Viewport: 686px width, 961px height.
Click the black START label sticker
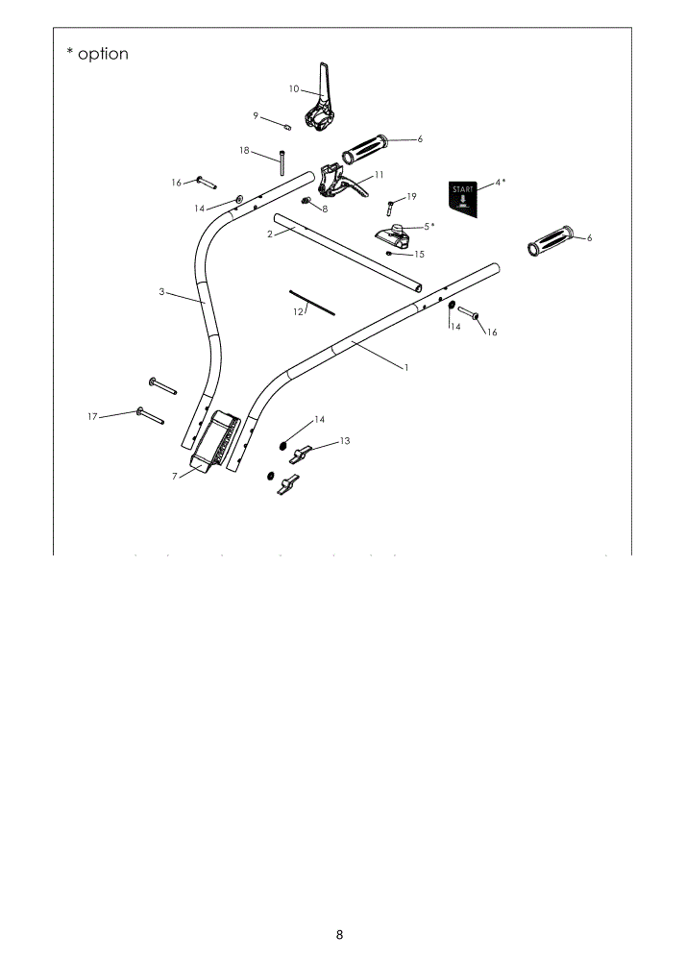tap(463, 199)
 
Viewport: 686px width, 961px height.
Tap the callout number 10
tap(294, 88)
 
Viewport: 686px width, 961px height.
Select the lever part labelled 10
tap(320, 98)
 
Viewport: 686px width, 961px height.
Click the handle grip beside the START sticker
tap(551, 241)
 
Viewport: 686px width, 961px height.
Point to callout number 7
tap(175, 477)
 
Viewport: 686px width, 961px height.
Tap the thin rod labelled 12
tap(312, 303)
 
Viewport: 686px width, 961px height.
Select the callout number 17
tap(92, 417)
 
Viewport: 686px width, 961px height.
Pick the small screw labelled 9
tap(287, 127)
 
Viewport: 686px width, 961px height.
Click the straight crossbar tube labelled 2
tap(347, 253)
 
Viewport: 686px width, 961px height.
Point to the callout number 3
tap(161, 292)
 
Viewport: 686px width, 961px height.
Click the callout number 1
tap(406, 368)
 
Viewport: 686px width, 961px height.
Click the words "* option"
tap(97, 54)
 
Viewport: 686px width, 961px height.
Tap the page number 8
tap(339, 935)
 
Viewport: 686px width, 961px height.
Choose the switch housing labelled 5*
tap(393, 236)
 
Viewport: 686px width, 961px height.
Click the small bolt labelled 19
tap(389, 209)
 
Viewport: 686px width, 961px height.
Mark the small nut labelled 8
tap(306, 201)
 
